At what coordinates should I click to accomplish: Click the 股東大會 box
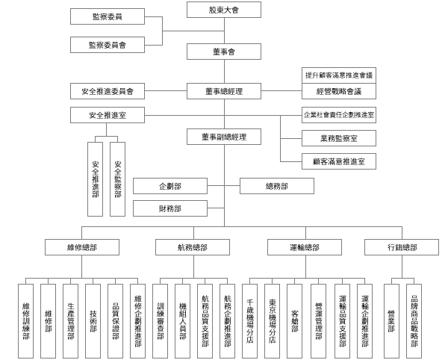224,10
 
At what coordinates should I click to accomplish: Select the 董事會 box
224,52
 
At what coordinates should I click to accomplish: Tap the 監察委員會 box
108,45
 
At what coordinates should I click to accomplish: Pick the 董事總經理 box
224,91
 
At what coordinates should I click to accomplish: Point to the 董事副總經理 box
224,137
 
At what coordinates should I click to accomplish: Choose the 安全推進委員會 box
108,91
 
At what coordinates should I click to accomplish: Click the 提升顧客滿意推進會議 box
339,75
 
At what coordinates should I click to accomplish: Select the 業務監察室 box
339,138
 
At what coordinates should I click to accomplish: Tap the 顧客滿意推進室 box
339,161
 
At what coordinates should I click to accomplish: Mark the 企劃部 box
170,186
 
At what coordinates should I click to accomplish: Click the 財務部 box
170,208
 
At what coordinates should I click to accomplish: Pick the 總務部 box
277,186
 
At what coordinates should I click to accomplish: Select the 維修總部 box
82,247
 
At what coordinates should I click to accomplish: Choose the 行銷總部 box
402,247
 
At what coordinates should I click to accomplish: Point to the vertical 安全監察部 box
117,179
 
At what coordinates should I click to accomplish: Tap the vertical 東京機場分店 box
272,321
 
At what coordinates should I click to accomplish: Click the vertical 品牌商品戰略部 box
414,321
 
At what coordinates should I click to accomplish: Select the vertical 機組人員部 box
183,321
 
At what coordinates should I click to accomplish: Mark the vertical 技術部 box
93,321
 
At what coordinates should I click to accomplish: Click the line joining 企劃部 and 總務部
223,186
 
